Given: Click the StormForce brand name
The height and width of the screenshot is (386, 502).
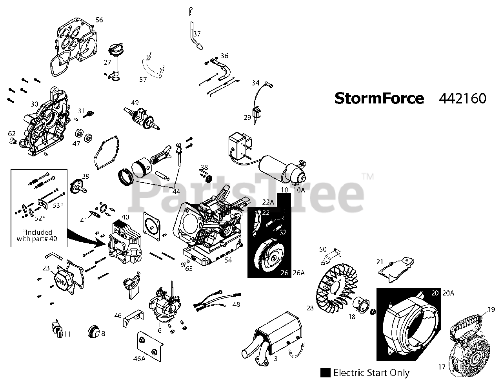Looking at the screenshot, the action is coord(379,98).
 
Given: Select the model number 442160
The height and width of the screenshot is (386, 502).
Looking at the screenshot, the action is coord(462,98).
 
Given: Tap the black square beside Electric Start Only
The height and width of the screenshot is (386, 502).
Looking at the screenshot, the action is coord(325,373).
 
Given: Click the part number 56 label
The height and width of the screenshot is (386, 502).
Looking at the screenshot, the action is coord(99,20).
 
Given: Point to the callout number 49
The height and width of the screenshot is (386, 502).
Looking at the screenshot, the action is coord(135,102).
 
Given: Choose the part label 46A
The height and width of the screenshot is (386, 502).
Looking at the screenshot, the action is coord(139,359).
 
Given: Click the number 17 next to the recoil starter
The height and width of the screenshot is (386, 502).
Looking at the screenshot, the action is coord(442,367).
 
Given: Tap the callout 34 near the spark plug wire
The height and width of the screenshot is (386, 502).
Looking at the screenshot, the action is coord(255,83).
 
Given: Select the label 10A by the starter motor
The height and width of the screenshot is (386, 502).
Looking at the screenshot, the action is coord(299,190).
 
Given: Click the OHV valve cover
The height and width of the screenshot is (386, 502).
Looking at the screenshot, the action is coord(62,281).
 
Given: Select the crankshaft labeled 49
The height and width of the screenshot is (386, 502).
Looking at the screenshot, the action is coord(142,118).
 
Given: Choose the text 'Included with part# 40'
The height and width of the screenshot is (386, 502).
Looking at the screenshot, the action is coord(37,236).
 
